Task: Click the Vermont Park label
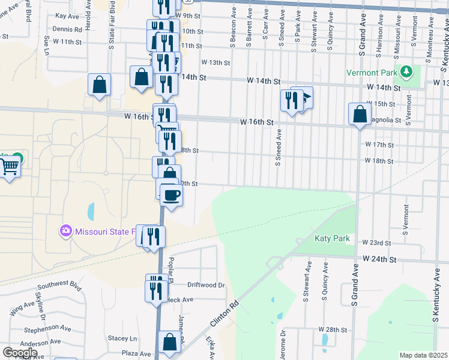tap(372, 73)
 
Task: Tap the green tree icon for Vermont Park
tap(407, 73)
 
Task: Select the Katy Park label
tap(332, 238)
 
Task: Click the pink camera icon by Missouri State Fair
tap(65, 230)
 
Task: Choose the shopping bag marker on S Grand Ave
tap(359, 114)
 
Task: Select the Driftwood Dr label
tap(205, 285)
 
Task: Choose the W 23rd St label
tap(376, 243)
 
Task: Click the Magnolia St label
tap(388, 120)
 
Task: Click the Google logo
tap(20, 352)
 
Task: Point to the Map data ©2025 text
tap(423, 355)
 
